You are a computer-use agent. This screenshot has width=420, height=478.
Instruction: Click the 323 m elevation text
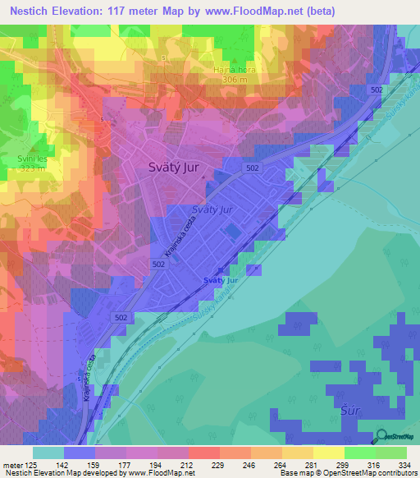(19, 172)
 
